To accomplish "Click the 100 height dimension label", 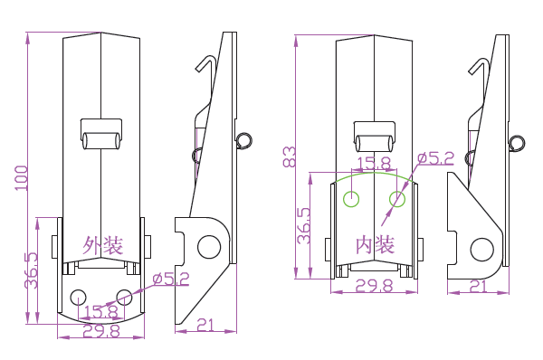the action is tap(21, 178).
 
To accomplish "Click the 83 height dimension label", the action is tap(290, 156).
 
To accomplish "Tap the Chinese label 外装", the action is tap(103, 245).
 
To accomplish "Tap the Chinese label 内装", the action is tap(376, 245).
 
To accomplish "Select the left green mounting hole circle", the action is tap(351, 199).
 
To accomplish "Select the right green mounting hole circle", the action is tap(397, 199).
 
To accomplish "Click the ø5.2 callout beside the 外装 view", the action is tap(171, 279).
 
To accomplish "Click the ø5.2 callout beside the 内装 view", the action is tap(435, 158).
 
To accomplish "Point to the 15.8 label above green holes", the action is tap(374, 163).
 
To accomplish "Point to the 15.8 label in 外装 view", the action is tap(101, 311).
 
